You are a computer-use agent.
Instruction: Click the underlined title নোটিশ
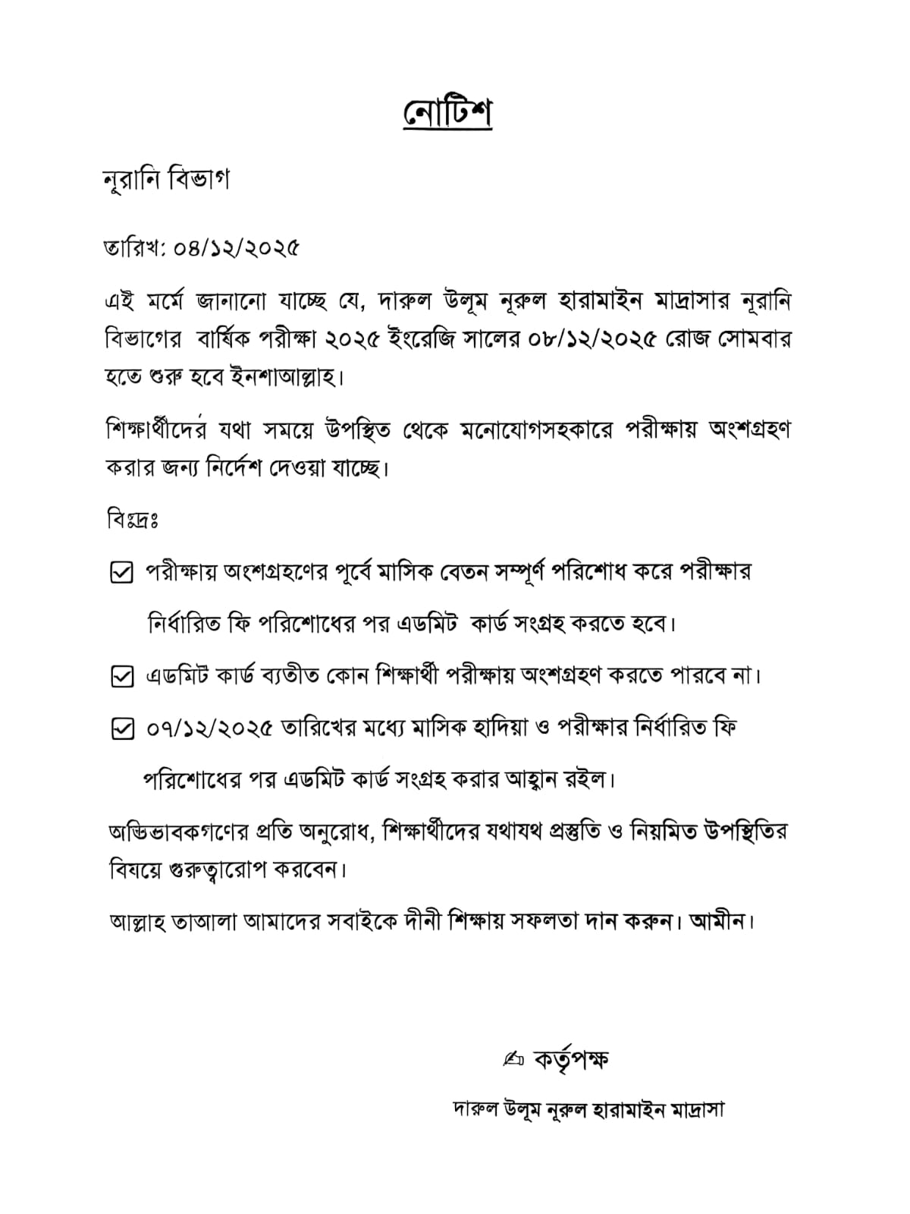tap(447, 113)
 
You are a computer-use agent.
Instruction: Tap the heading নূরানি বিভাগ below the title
tap(166, 181)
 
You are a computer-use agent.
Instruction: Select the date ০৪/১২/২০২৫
tap(237, 248)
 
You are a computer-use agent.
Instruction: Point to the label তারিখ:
tap(135, 248)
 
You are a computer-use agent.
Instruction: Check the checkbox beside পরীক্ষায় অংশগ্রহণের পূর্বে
tap(122, 574)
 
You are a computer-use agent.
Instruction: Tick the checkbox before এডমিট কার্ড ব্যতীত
tap(122, 676)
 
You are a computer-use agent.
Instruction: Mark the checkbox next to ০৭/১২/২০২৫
tap(122, 729)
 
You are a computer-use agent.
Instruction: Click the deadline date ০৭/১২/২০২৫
tap(209, 728)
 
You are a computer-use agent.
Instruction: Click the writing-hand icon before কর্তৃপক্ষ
tap(513, 1058)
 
